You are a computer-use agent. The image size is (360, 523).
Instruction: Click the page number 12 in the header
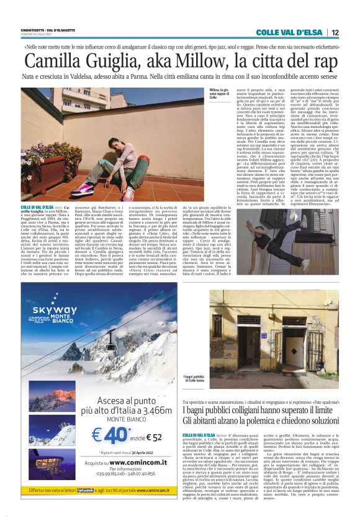(335, 32)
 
